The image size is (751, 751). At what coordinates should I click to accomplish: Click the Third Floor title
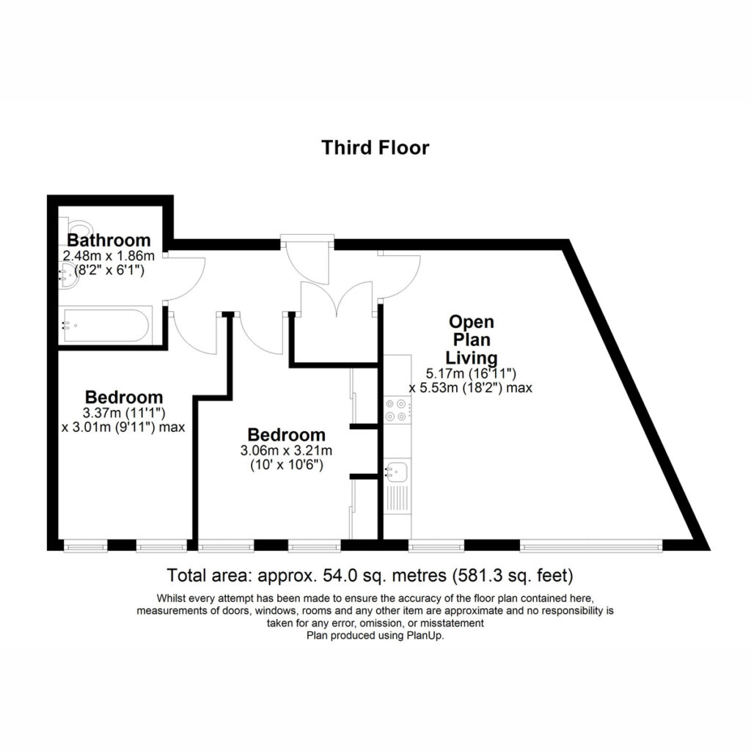pyautogui.click(x=375, y=147)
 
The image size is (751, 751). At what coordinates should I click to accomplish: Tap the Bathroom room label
pyautogui.click(x=109, y=240)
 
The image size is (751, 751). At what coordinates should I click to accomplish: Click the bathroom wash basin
pyautogui.click(x=69, y=276)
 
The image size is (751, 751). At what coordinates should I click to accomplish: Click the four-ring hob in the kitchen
pyautogui.click(x=397, y=410)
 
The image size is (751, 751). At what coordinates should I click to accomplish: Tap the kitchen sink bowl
pyautogui.click(x=397, y=472)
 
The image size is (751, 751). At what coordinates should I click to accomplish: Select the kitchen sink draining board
pyautogui.click(x=398, y=498)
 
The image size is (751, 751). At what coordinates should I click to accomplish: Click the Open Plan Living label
pyautogui.click(x=472, y=340)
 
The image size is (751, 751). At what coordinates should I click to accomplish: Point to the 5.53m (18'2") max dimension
pyautogui.click(x=470, y=387)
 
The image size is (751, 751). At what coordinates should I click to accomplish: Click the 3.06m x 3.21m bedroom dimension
pyautogui.click(x=287, y=450)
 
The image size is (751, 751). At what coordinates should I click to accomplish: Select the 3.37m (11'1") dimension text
pyautogui.click(x=124, y=412)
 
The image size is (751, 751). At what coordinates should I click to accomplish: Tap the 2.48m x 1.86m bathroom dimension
pyautogui.click(x=109, y=255)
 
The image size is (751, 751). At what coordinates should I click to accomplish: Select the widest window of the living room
pyautogui.click(x=591, y=545)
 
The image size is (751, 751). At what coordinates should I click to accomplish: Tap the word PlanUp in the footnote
pyautogui.click(x=425, y=636)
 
